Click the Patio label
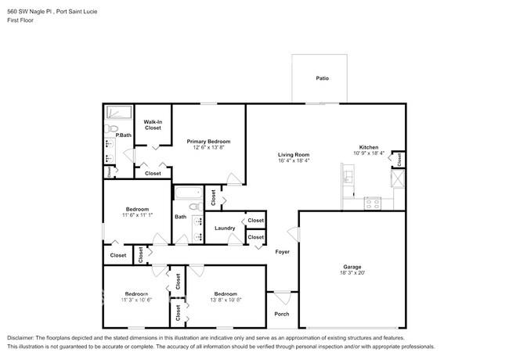(x=322, y=78)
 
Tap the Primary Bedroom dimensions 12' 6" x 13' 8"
(x=208, y=147)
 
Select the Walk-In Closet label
(x=153, y=124)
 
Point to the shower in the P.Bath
(x=120, y=111)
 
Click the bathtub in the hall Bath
(x=188, y=193)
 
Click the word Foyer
(x=282, y=251)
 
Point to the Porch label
(x=281, y=314)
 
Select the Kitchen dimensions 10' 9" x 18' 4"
(x=369, y=153)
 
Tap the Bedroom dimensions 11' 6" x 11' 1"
(x=137, y=215)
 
